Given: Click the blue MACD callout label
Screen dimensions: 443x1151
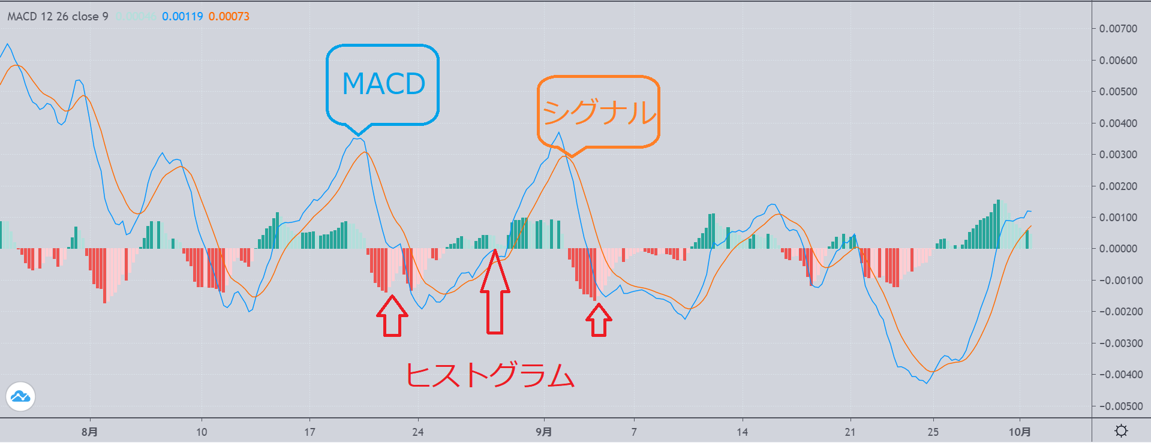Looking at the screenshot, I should (x=383, y=84).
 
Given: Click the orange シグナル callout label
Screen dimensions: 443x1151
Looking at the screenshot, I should (x=599, y=112).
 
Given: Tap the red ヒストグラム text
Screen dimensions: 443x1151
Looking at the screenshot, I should (x=490, y=375).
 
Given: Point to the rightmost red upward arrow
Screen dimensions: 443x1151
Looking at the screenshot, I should (x=599, y=320).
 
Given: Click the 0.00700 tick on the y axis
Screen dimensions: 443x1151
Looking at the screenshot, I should (x=1117, y=29).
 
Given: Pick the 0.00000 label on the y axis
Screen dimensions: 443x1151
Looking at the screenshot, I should (x=1117, y=249).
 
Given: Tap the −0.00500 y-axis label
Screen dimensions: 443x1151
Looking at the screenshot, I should (x=1116, y=406).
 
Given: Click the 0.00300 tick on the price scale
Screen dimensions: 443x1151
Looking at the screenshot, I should (x=1117, y=155).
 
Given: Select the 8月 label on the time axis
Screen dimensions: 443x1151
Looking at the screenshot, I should (x=89, y=432).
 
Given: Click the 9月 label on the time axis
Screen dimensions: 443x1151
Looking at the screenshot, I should (x=543, y=432).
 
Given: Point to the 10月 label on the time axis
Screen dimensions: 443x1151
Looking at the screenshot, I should (x=1020, y=432).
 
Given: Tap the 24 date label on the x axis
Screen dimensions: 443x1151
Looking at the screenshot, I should (x=418, y=432).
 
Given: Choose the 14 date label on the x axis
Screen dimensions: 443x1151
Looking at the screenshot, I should (x=742, y=432).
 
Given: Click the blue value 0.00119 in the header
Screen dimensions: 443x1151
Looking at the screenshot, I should (x=182, y=17).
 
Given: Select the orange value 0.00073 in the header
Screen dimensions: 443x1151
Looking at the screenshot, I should (x=229, y=17).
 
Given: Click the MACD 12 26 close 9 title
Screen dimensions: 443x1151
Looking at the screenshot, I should (x=58, y=17).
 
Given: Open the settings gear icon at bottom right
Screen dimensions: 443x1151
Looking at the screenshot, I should (x=1120, y=430).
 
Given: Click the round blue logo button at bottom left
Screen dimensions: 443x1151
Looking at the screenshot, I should (x=20, y=397).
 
